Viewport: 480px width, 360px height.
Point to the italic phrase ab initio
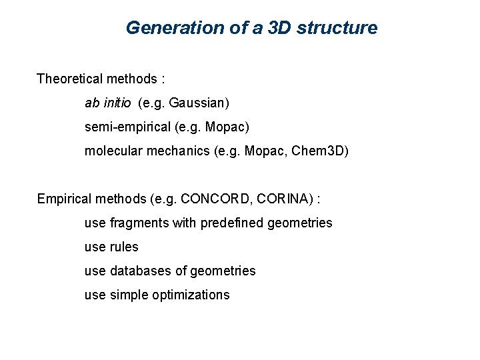[x=108, y=103]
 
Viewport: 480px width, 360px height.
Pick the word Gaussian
[x=197, y=103]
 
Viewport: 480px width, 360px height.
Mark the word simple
[x=127, y=295]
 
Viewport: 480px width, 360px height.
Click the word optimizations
[x=190, y=295]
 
